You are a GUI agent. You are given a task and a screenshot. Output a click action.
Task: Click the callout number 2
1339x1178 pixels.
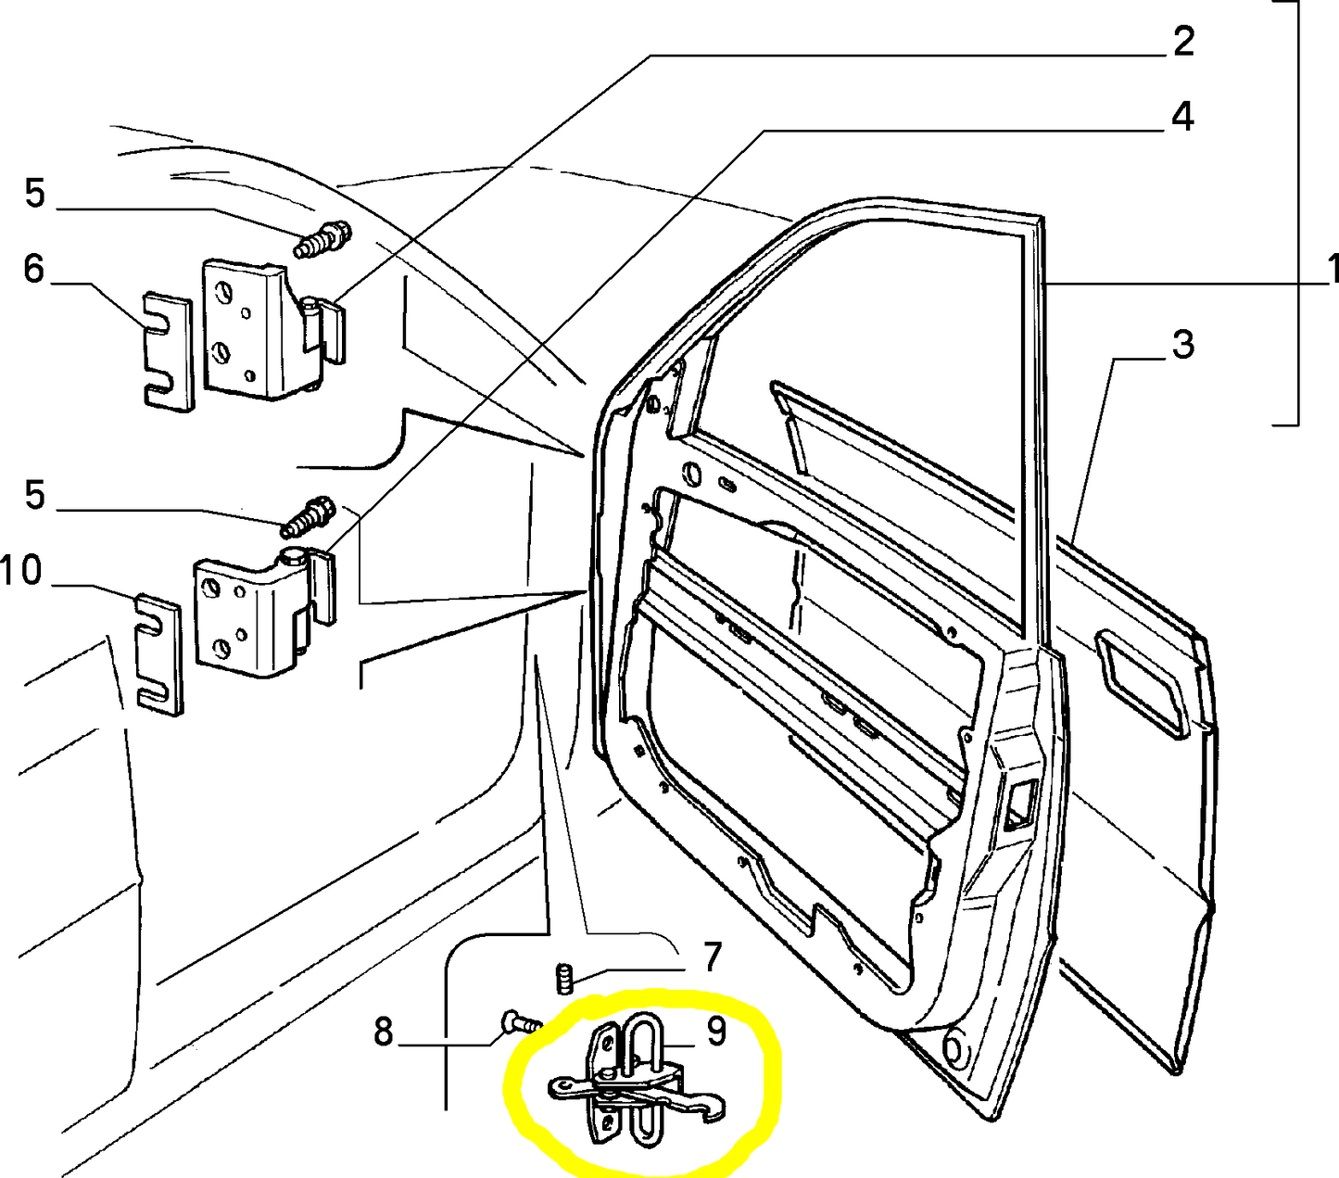pyautogui.click(x=1183, y=42)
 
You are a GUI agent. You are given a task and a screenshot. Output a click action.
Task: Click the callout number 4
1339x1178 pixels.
pyautogui.click(x=1182, y=118)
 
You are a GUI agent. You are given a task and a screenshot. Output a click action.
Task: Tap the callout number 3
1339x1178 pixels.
pyautogui.click(x=1182, y=345)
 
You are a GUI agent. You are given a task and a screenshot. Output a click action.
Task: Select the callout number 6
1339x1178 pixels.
pyautogui.click(x=33, y=270)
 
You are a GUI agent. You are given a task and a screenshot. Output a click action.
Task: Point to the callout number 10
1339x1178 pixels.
pyautogui.click(x=21, y=570)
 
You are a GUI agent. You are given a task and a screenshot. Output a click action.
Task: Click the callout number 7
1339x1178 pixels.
pyautogui.click(x=712, y=956)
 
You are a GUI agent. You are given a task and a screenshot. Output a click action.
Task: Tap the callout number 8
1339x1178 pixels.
pyautogui.click(x=384, y=1031)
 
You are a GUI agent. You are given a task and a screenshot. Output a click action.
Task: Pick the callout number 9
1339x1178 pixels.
pyautogui.click(x=716, y=1032)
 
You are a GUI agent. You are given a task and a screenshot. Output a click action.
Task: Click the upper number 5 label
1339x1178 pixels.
pyautogui.click(x=34, y=194)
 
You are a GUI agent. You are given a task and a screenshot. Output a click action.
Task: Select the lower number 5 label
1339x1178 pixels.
pyautogui.click(x=34, y=495)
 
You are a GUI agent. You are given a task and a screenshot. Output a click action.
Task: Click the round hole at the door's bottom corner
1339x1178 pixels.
pyautogui.click(x=954, y=1049)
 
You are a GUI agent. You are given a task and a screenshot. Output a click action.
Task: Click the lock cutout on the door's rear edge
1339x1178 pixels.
pyautogui.click(x=1017, y=802)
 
